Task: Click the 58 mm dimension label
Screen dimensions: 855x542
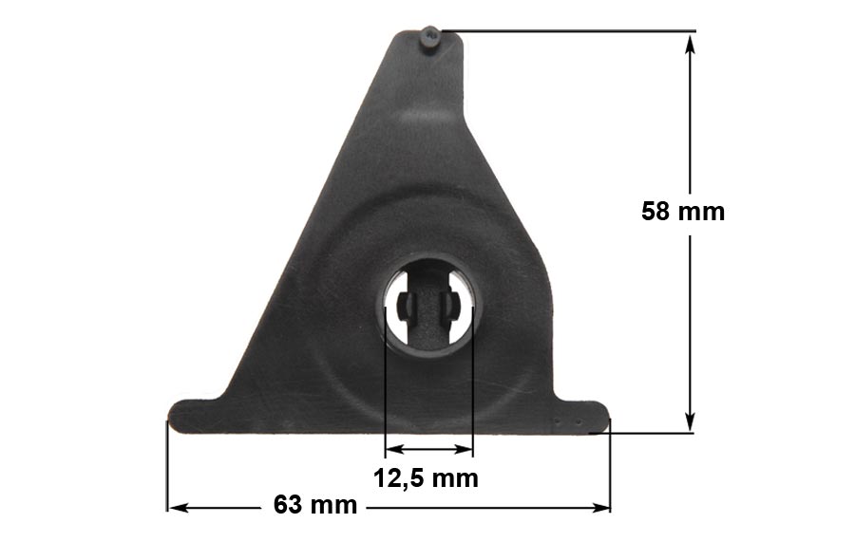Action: point(683,212)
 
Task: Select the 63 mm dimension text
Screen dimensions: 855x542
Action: point(315,505)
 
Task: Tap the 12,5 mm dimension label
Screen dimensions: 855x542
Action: point(426,478)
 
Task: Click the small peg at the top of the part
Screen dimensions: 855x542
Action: point(431,37)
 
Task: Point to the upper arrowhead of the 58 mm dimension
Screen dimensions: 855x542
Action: point(690,44)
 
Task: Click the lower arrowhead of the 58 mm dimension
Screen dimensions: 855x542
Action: point(690,421)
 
